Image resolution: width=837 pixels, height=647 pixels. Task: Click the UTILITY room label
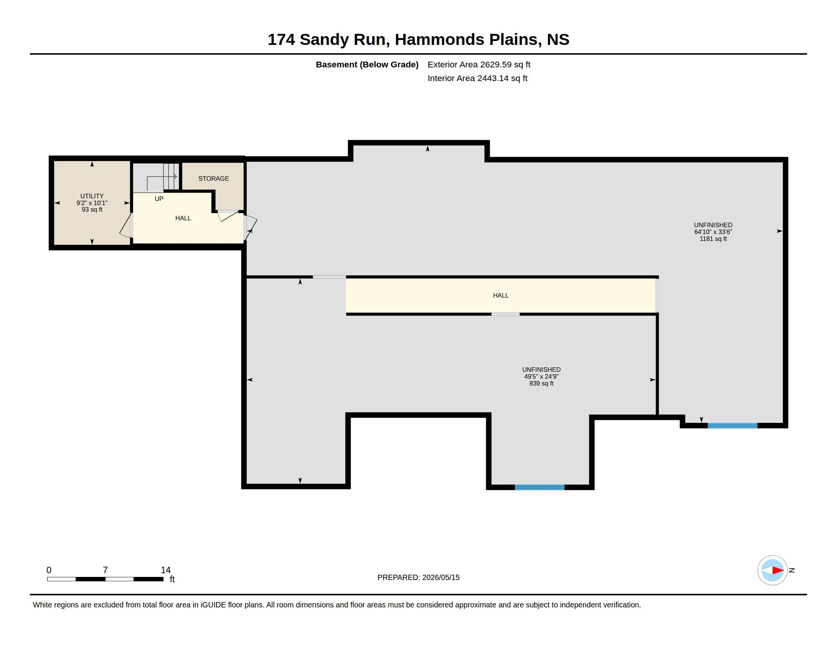point(92,196)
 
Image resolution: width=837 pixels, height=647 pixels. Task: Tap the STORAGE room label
point(213,178)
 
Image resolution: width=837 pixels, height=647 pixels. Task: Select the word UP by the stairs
point(159,199)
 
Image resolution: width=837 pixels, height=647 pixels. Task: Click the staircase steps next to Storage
point(171,177)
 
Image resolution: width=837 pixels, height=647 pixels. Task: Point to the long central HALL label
point(501,295)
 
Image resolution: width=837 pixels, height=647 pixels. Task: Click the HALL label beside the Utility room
point(183,218)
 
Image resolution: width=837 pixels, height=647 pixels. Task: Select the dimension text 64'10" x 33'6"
point(713,232)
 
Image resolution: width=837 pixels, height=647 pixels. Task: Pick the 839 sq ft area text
point(541,383)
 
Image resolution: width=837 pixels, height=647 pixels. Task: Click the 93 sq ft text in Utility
point(92,210)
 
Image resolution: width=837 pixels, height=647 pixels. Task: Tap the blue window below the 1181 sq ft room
point(732,425)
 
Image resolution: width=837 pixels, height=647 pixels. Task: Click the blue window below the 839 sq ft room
point(539,487)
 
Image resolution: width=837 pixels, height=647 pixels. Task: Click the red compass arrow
point(778,571)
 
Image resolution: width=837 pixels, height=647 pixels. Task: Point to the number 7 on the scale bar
point(105,570)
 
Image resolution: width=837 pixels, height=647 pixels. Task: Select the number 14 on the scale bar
point(165,570)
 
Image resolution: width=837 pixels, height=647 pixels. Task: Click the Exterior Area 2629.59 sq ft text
point(479,64)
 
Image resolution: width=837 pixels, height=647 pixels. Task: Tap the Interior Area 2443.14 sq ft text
point(477,78)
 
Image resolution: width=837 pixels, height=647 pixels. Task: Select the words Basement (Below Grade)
point(367,64)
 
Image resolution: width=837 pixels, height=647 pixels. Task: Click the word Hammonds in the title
point(439,40)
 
